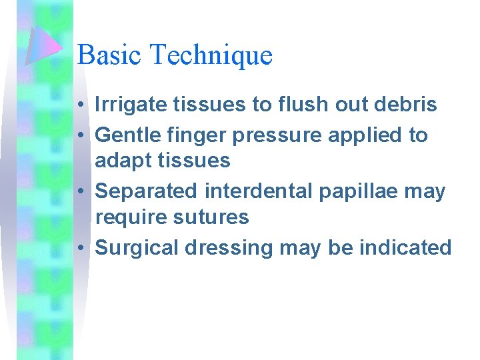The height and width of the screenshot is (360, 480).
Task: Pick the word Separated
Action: pyautogui.click(x=147, y=192)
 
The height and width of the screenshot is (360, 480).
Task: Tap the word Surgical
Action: pyautogui.click(x=137, y=249)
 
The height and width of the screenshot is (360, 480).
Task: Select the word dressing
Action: pyautogui.click(x=231, y=249)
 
